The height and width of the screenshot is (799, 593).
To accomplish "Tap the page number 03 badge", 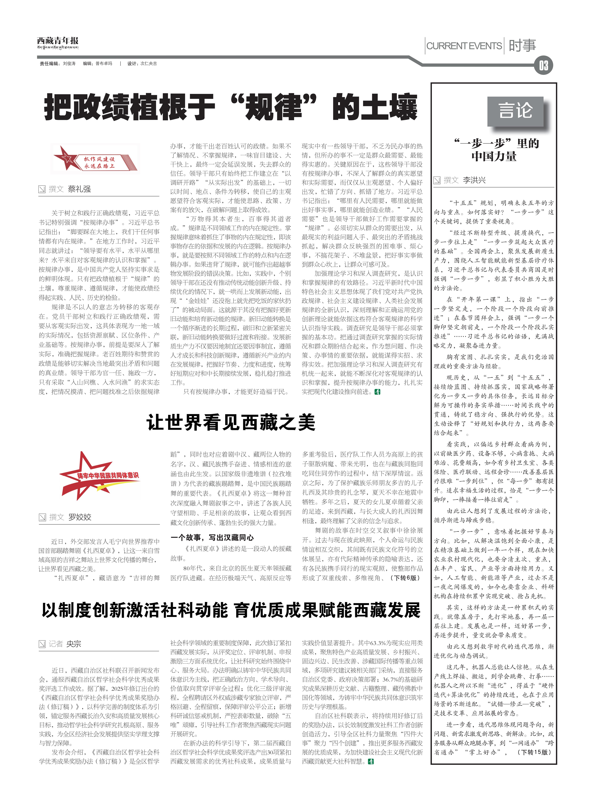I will click(x=543, y=66).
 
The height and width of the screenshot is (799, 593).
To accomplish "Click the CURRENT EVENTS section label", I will click(x=464, y=46).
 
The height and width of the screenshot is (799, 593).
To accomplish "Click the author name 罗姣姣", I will click(x=80, y=517).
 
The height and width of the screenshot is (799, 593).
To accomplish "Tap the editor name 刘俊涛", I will click(x=69, y=64).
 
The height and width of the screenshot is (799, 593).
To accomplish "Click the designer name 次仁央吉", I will click(x=149, y=64).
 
